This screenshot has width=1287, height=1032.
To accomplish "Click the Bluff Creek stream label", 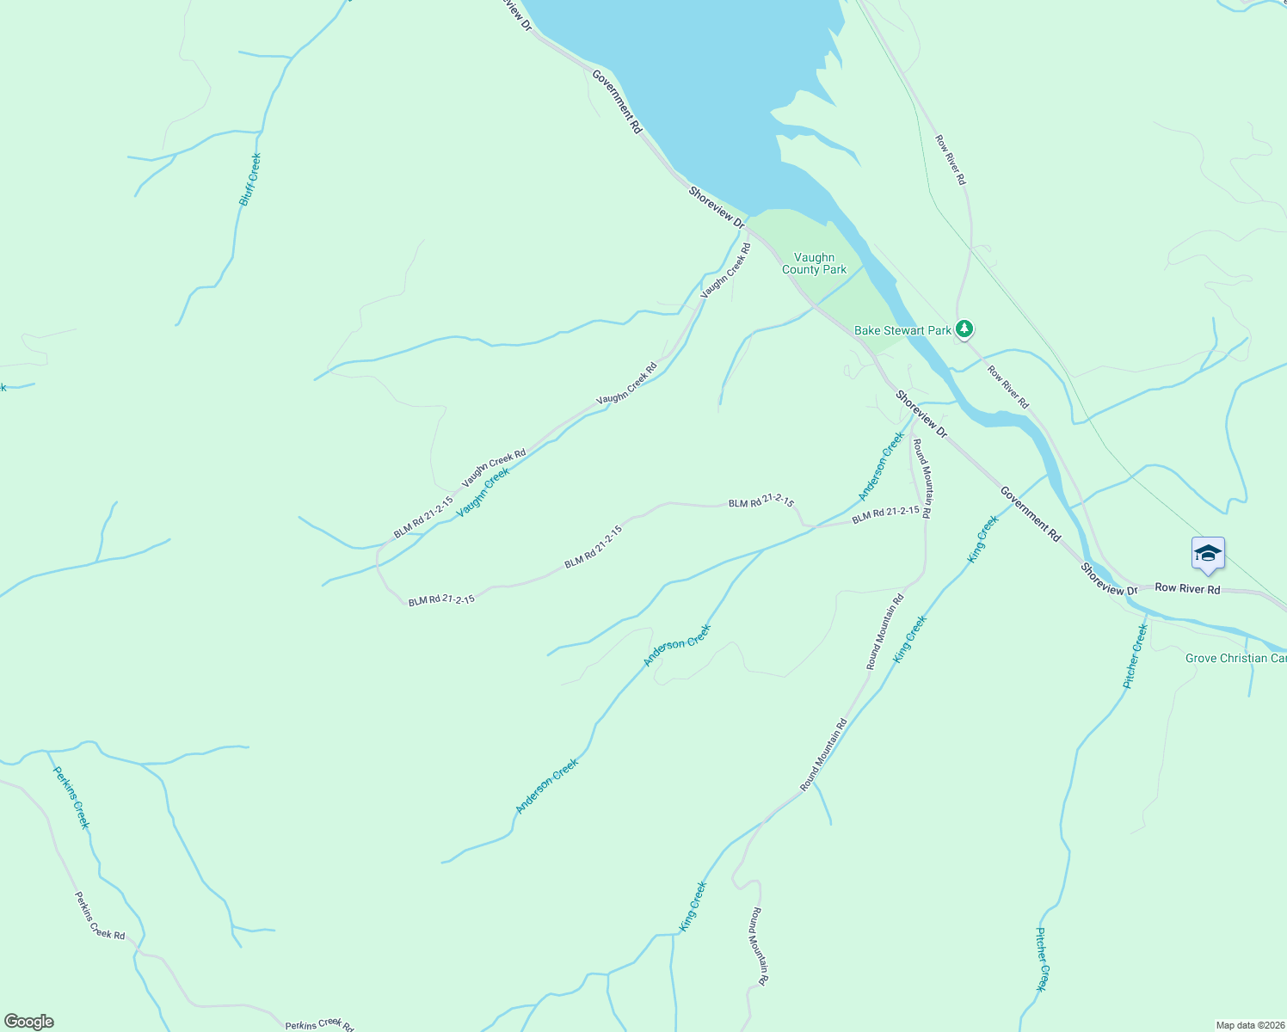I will [x=249, y=180].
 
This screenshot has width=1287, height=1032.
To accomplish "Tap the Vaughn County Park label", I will [x=814, y=263].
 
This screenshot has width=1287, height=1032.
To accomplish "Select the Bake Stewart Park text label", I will [x=902, y=330].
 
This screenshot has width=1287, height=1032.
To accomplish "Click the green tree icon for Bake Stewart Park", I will [x=965, y=329].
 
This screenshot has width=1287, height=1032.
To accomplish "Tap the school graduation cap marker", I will [x=1208, y=554].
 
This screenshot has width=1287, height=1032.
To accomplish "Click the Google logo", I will [x=28, y=1022].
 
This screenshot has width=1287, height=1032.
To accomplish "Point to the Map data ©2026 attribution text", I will [x=1249, y=1025].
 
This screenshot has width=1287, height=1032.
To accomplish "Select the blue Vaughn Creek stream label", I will [x=483, y=492].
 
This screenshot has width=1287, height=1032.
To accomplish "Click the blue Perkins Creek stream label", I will [x=71, y=797].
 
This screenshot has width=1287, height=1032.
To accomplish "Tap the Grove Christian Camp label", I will [x=1235, y=658].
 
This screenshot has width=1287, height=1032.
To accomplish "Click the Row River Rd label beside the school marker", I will [x=1187, y=589].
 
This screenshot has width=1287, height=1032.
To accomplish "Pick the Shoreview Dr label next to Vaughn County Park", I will [x=716, y=207].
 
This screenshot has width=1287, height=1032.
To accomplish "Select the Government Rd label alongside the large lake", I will [x=617, y=101].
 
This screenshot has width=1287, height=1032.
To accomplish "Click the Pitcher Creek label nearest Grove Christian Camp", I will [x=1136, y=656].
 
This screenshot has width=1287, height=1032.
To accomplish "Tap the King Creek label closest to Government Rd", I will [x=983, y=538].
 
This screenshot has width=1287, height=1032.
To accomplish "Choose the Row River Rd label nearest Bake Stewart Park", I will [x=1007, y=387].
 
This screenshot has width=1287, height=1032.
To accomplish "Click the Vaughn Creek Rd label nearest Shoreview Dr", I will [x=725, y=271].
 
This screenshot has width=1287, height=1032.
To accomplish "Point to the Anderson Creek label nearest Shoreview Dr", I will [x=882, y=466].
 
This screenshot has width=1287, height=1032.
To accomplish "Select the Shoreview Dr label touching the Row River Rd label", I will [x=1109, y=580].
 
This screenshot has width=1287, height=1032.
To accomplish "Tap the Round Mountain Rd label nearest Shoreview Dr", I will [x=921, y=478].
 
